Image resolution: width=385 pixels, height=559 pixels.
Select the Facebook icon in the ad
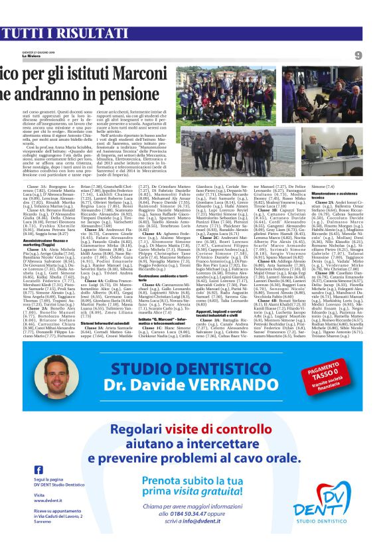tap(39, 451)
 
